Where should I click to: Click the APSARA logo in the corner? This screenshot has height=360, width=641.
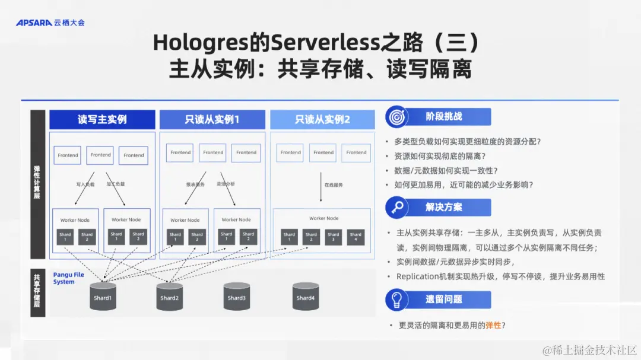point(50,23)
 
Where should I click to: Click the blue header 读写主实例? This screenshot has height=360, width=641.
point(102,119)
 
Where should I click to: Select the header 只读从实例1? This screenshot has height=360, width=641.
point(212,119)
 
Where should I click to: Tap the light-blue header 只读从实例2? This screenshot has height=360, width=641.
point(322,119)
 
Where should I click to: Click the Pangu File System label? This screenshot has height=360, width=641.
point(68,278)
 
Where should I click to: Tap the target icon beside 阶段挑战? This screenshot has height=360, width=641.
point(396,117)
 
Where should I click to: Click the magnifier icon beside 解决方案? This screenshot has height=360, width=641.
point(396,208)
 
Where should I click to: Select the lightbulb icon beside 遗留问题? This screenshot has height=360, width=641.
point(396,300)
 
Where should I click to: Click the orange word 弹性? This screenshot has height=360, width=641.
point(493,326)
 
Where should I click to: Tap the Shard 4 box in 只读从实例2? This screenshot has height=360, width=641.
point(356,237)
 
